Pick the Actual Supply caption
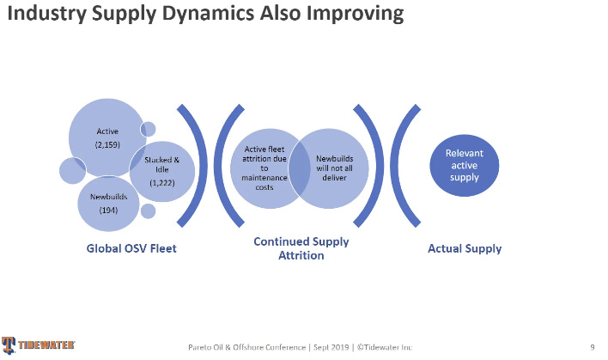(x=465, y=249)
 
